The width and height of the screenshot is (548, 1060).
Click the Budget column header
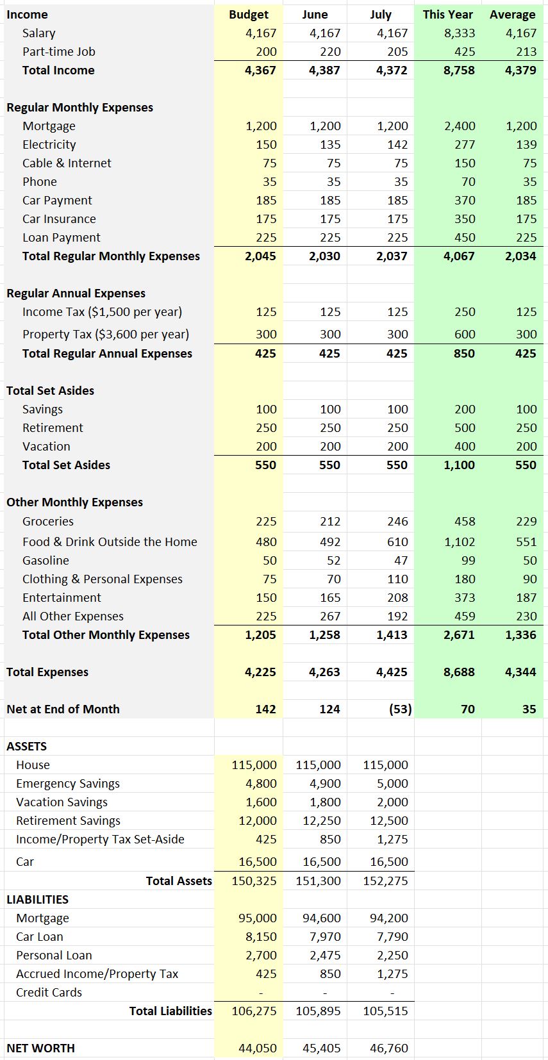point(249,15)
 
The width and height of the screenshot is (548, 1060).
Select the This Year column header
point(447,15)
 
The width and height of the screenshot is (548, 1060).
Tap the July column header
point(381,15)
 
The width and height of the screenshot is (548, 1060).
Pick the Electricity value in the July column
point(397,145)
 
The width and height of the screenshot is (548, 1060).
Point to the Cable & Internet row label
point(67,163)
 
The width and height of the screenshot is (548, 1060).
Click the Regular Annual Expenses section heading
point(76,294)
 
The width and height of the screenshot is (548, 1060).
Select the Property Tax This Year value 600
point(465,335)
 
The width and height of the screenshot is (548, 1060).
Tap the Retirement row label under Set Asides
point(53,428)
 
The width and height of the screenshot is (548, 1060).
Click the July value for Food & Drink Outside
point(397,542)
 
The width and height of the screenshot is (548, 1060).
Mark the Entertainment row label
point(62,598)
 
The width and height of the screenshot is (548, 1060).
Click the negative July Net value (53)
point(400,709)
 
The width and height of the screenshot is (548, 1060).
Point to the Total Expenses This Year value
point(459,672)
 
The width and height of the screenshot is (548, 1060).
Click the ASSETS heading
point(26,747)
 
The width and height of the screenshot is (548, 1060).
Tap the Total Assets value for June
point(318,881)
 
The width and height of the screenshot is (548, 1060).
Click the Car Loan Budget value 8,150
point(261,937)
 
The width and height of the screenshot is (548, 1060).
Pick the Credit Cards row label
point(49,993)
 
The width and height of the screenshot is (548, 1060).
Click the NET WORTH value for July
point(388,1048)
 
